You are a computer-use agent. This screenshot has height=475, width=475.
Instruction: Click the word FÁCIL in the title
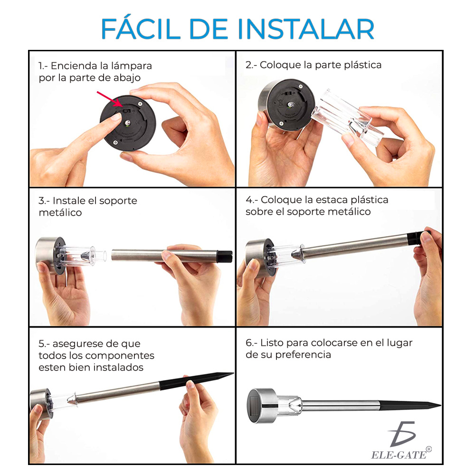coord(141,28)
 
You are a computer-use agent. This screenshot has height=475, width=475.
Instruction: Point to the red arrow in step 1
coord(110,98)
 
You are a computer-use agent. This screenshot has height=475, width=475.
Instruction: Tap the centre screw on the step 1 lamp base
coord(128,123)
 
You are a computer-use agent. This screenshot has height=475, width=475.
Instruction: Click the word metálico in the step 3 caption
coord(60,212)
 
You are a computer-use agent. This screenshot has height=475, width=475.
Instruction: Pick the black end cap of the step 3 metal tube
coord(225,256)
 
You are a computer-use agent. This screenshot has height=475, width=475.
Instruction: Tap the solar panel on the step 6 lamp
coord(255,406)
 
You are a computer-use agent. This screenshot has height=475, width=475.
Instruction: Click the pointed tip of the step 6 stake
coord(440,405)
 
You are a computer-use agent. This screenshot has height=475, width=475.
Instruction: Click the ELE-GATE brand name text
coord(399,455)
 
